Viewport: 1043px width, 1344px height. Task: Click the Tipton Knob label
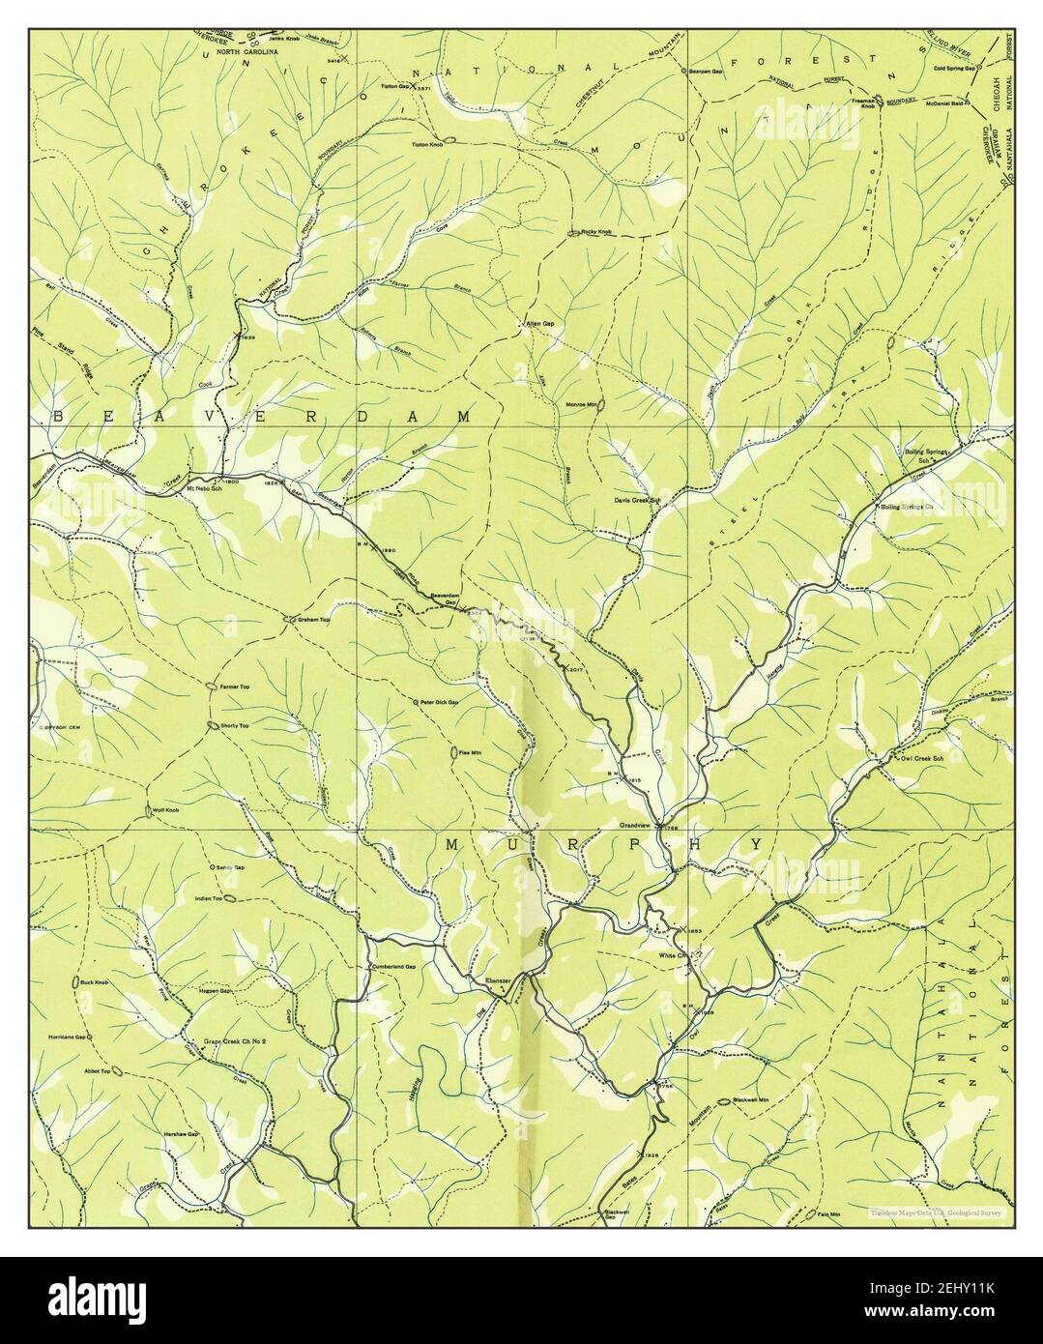[x=427, y=145]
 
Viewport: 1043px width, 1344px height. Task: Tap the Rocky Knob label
[x=596, y=232]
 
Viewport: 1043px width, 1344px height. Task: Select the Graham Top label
[x=314, y=620]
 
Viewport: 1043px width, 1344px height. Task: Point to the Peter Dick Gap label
[x=439, y=702]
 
